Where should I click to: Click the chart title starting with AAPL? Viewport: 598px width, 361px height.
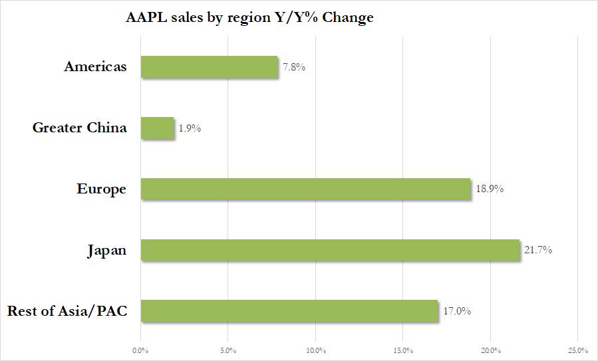click(x=249, y=18)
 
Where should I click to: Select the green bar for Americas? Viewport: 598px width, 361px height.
click(x=209, y=66)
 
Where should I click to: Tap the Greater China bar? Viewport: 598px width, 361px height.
click(x=157, y=128)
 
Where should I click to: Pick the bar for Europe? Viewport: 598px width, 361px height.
click(x=306, y=189)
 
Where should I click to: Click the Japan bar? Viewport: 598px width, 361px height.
click(x=330, y=250)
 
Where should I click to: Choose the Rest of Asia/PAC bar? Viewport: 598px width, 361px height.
click(x=289, y=310)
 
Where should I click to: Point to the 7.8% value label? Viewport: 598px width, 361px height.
click(x=293, y=67)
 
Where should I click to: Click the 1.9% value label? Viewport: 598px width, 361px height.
click(x=189, y=128)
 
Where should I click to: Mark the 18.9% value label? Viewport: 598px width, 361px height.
click(x=489, y=189)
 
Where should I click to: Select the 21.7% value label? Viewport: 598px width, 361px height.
click(x=538, y=251)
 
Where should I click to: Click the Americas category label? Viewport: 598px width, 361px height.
click(x=95, y=66)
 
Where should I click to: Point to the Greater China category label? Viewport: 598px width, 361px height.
click(x=79, y=128)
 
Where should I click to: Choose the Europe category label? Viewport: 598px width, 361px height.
click(x=101, y=189)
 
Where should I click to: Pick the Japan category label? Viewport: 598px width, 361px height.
click(x=106, y=251)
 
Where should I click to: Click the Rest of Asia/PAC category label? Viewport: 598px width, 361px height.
click(x=67, y=311)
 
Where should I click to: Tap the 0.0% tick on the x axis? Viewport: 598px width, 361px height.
click(x=140, y=350)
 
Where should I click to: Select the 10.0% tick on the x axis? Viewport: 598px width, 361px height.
click(x=315, y=350)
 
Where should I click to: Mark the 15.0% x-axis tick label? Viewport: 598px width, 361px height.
click(x=403, y=350)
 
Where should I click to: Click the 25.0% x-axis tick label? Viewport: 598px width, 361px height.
click(x=577, y=350)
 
